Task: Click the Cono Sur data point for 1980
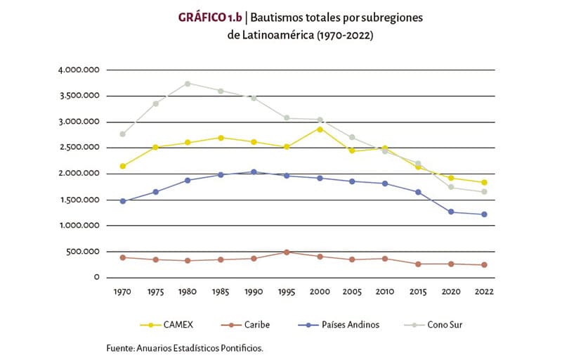pos(188,84)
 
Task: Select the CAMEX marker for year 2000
pos(320,129)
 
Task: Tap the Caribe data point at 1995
pos(287,252)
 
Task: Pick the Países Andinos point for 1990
pos(254,172)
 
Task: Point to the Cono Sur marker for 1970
pos(123,134)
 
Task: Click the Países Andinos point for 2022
pos(484,214)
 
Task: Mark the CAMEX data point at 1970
pos(123,167)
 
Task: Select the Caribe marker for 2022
pos(484,265)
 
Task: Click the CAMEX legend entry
pos(166,325)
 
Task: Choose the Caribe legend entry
pos(245,325)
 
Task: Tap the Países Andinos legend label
pos(351,325)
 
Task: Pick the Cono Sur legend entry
pos(433,325)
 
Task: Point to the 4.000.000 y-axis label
pos(79,70)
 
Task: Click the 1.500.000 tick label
pos(79,200)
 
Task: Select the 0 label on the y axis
pos(97,278)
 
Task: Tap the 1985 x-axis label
pos(221,292)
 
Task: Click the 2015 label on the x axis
pos(418,292)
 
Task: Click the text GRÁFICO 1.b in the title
pos(210,18)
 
